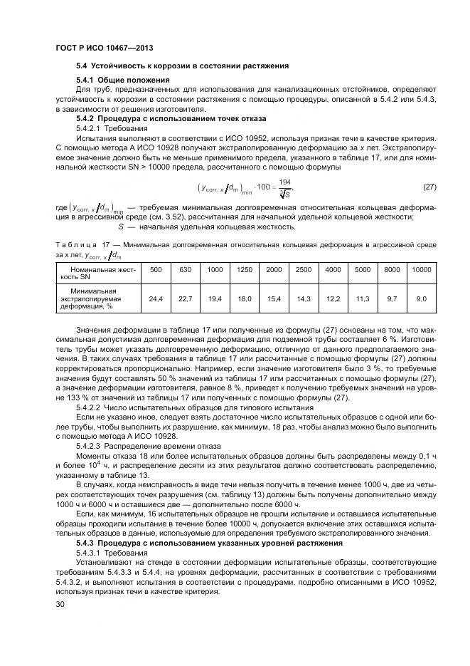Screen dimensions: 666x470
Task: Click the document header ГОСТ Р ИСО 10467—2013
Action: (x=99, y=46)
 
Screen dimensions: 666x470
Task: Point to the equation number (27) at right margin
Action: (x=429, y=187)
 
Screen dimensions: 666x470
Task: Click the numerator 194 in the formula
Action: (x=285, y=182)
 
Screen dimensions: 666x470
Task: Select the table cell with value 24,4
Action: (x=156, y=298)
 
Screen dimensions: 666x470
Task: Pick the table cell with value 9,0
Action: (x=421, y=298)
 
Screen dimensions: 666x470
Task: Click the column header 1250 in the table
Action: (x=245, y=270)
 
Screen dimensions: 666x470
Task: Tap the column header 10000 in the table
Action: (x=421, y=270)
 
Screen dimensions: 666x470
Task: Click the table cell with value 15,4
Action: (x=274, y=298)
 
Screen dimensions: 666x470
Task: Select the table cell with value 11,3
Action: (x=363, y=298)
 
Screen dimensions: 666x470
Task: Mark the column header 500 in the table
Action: (x=156, y=270)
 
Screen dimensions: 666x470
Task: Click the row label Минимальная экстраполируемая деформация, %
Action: (x=97, y=299)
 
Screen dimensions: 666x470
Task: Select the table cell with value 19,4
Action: (x=215, y=298)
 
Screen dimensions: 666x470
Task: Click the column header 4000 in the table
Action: (x=333, y=270)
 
